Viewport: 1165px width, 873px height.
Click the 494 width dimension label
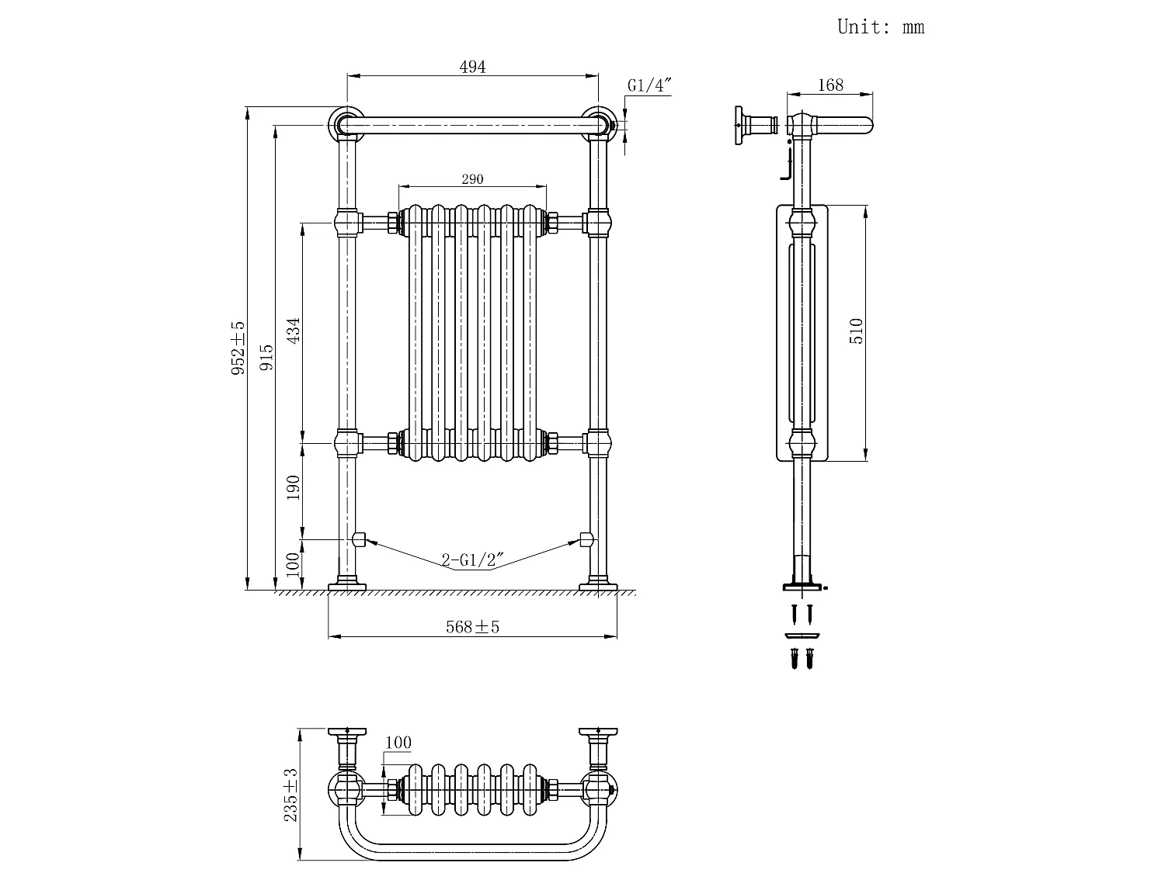pos(472,67)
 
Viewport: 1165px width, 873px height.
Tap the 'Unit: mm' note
pos(881,27)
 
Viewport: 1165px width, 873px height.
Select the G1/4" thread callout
pos(649,85)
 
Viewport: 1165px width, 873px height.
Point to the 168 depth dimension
pos(830,85)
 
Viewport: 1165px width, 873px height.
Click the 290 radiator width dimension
pos(472,179)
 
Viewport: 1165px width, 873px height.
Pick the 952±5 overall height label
pos(238,348)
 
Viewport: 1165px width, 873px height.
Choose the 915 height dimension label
pos(266,357)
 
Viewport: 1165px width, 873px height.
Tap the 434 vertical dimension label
pos(293,331)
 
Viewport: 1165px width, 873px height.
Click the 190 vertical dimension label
pos(293,487)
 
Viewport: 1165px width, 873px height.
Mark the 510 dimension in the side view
pos(856,331)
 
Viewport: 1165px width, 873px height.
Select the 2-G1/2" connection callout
pos(472,559)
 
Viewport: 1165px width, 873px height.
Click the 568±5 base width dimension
pos(472,627)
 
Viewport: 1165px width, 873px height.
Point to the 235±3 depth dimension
pos(290,795)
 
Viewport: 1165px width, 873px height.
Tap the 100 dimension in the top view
pos(398,743)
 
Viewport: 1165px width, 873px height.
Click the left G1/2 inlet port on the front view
pos(359,539)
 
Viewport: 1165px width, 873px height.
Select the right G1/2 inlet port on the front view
pos(586,539)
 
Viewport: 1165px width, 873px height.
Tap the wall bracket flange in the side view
pos(739,125)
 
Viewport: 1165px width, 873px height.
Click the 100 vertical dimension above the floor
pos(293,564)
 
